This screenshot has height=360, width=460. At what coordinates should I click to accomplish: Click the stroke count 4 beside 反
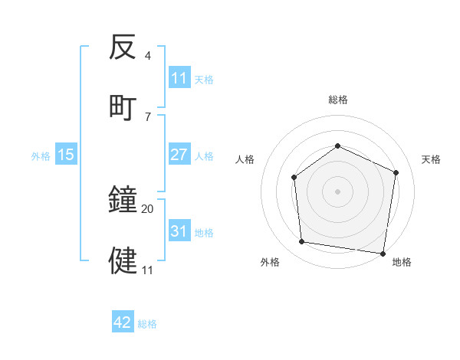147,56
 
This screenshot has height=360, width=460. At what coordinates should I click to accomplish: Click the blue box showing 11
179,78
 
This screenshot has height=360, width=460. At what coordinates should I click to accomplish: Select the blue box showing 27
179,155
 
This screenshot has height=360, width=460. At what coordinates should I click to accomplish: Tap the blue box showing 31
179,231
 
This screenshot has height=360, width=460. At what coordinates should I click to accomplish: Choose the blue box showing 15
66,155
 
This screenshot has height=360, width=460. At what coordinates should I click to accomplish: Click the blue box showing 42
123,322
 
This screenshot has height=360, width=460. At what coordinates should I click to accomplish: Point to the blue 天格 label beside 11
204,79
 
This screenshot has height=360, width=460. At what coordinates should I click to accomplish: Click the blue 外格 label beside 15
41,155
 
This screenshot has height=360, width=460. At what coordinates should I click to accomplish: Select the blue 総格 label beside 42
147,324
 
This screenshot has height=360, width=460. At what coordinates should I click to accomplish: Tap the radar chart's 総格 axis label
338,100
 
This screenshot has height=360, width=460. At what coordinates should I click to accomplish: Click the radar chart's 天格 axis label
432,159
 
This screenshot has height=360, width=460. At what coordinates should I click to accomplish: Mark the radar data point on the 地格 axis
383,253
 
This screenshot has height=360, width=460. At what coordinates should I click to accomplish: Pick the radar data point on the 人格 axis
294,178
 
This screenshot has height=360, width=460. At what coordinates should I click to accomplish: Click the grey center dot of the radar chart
337,191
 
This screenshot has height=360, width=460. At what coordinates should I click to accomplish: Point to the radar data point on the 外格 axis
303,242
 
